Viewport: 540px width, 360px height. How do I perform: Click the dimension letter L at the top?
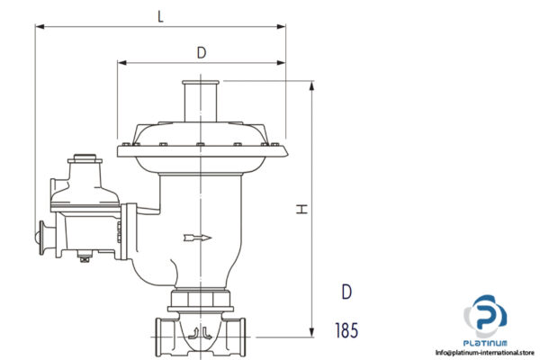160,14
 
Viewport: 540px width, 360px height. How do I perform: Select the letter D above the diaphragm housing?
202,52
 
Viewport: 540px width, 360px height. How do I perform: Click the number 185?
345,330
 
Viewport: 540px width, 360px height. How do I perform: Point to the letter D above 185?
346,292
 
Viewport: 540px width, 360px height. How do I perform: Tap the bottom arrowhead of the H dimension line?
312,334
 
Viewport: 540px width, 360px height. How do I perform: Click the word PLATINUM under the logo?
486,343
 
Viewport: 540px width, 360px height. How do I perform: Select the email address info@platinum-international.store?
485,353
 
